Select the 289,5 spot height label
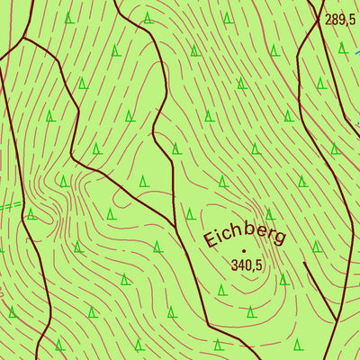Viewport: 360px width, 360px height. [x=340, y=19]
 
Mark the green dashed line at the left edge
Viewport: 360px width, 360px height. [x=9, y=206]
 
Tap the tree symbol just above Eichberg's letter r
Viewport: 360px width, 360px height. [x=268, y=213]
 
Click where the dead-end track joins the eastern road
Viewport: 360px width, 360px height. [x=337, y=321]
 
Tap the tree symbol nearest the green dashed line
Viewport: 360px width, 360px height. [x=31, y=214]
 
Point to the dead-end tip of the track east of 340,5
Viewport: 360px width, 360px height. [x=305, y=264]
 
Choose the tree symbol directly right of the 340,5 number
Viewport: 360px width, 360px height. [x=283, y=279]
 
